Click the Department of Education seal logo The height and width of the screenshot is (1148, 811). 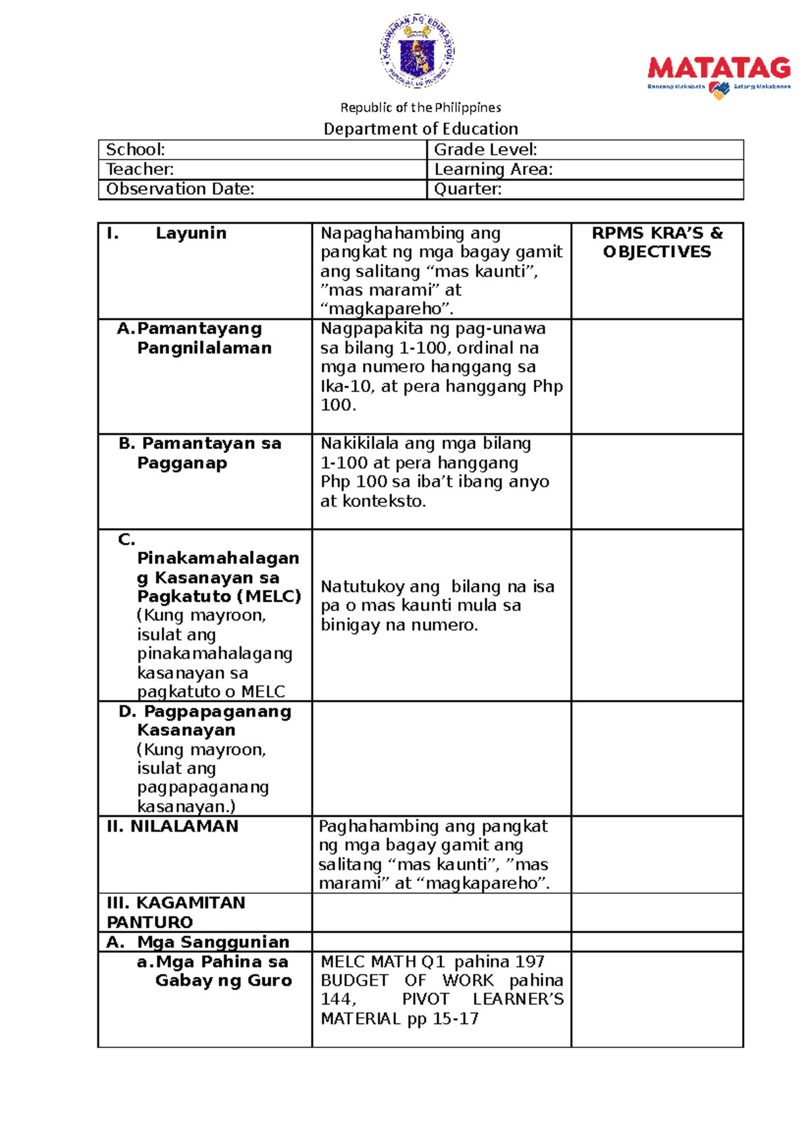416,51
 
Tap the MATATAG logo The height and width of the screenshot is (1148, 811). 718,76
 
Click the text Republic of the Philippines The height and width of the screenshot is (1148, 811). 420,107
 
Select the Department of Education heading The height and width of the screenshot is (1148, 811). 420,128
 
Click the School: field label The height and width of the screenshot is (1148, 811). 136,149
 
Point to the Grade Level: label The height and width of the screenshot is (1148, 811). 485,149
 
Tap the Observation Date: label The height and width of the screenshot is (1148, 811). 180,189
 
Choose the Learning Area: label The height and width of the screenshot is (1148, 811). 493,169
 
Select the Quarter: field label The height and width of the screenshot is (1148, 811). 468,189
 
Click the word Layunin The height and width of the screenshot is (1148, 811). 191,233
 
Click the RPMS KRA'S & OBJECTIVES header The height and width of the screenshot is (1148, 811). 657,242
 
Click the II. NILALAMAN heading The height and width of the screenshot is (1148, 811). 172,826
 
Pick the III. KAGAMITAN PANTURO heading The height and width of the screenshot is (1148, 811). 176,912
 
